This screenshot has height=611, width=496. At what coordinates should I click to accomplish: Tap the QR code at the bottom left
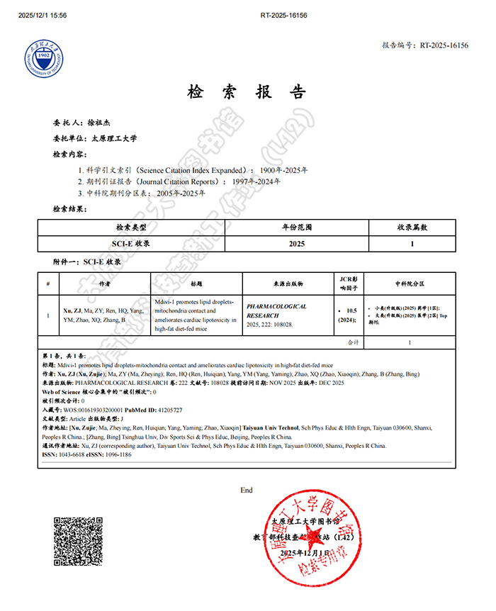pos(78,541)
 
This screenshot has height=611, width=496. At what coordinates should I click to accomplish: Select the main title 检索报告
pos(247,92)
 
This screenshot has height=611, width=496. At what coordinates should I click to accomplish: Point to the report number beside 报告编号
pos(444,45)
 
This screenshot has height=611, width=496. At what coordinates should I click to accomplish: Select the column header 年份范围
pos(297,228)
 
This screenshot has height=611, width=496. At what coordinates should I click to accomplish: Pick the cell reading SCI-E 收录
pos(132,243)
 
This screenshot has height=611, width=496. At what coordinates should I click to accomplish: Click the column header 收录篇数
pos(412,228)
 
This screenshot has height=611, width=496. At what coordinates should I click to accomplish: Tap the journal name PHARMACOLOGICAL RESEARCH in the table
pos(276,310)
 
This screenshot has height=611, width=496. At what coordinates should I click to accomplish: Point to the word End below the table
pos(247,491)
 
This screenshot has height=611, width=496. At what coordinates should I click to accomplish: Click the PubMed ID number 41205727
pos(169,410)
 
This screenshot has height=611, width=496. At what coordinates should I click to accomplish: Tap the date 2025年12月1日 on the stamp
pos(305,553)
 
